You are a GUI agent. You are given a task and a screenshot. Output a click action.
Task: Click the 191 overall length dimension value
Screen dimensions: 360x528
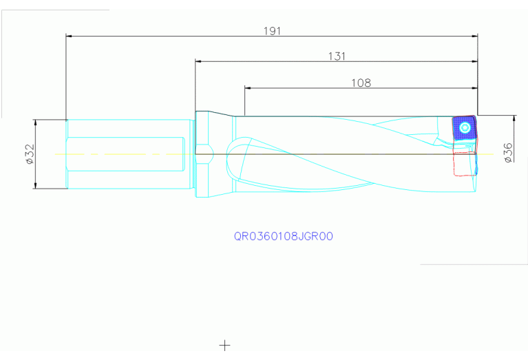pyautogui.click(x=273, y=31)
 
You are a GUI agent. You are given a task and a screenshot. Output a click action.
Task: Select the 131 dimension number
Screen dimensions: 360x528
pyautogui.click(x=336, y=56)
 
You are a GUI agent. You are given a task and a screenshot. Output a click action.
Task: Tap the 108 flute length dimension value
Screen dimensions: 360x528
pyautogui.click(x=361, y=83)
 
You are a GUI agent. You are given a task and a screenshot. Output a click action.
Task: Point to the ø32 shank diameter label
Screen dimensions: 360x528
pyautogui.click(x=30, y=155)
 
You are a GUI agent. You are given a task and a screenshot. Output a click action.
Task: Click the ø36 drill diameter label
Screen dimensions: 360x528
pyautogui.click(x=508, y=152)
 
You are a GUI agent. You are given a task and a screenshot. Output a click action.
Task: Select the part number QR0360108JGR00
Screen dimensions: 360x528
pyautogui.click(x=284, y=236)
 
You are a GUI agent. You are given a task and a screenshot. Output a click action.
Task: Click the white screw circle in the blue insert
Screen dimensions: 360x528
pyautogui.click(x=465, y=127)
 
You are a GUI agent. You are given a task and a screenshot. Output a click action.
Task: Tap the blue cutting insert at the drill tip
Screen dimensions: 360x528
pyautogui.click(x=463, y=129)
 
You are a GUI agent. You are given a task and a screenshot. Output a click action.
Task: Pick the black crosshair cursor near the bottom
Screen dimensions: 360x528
pyautogui.click(x=224, y=344)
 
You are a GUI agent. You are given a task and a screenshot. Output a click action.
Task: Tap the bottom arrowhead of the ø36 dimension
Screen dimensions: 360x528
pyautogui.click(x=514, y=191)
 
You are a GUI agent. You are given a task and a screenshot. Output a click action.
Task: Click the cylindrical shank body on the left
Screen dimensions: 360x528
pyautogui.click(x=124, y=154)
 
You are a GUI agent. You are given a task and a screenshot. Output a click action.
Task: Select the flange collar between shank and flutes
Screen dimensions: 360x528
pyautogui.click(x=202, y=154)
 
